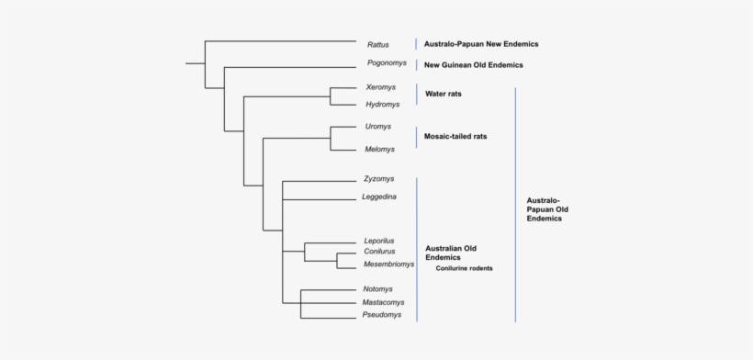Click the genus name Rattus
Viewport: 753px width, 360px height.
click(377, 44)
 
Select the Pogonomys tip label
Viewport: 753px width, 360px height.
click(387, 63)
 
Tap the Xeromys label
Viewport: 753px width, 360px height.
click(380, 87)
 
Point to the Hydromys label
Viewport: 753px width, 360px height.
click(383, 105)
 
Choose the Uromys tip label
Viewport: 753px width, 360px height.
click(378, 127)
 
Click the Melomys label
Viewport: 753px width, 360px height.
click(380, 149)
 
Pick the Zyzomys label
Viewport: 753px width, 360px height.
click(379, 178)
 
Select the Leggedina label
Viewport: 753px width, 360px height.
click(380, 197)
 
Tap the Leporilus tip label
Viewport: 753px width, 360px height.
click(379, 241)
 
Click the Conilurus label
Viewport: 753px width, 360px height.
click(379, 252)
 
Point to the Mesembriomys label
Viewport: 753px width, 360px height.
click(388, 264)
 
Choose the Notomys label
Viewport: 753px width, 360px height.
click(377, 289)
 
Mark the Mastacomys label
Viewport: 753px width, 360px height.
click(384, 302)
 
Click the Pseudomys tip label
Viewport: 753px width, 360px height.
click(383, 316)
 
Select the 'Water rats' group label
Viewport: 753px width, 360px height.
click(443, 94)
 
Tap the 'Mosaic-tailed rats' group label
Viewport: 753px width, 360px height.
click(455, 137)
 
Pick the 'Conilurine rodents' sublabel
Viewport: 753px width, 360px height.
click(464, 269)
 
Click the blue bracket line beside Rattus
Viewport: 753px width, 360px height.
click(416, 43)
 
